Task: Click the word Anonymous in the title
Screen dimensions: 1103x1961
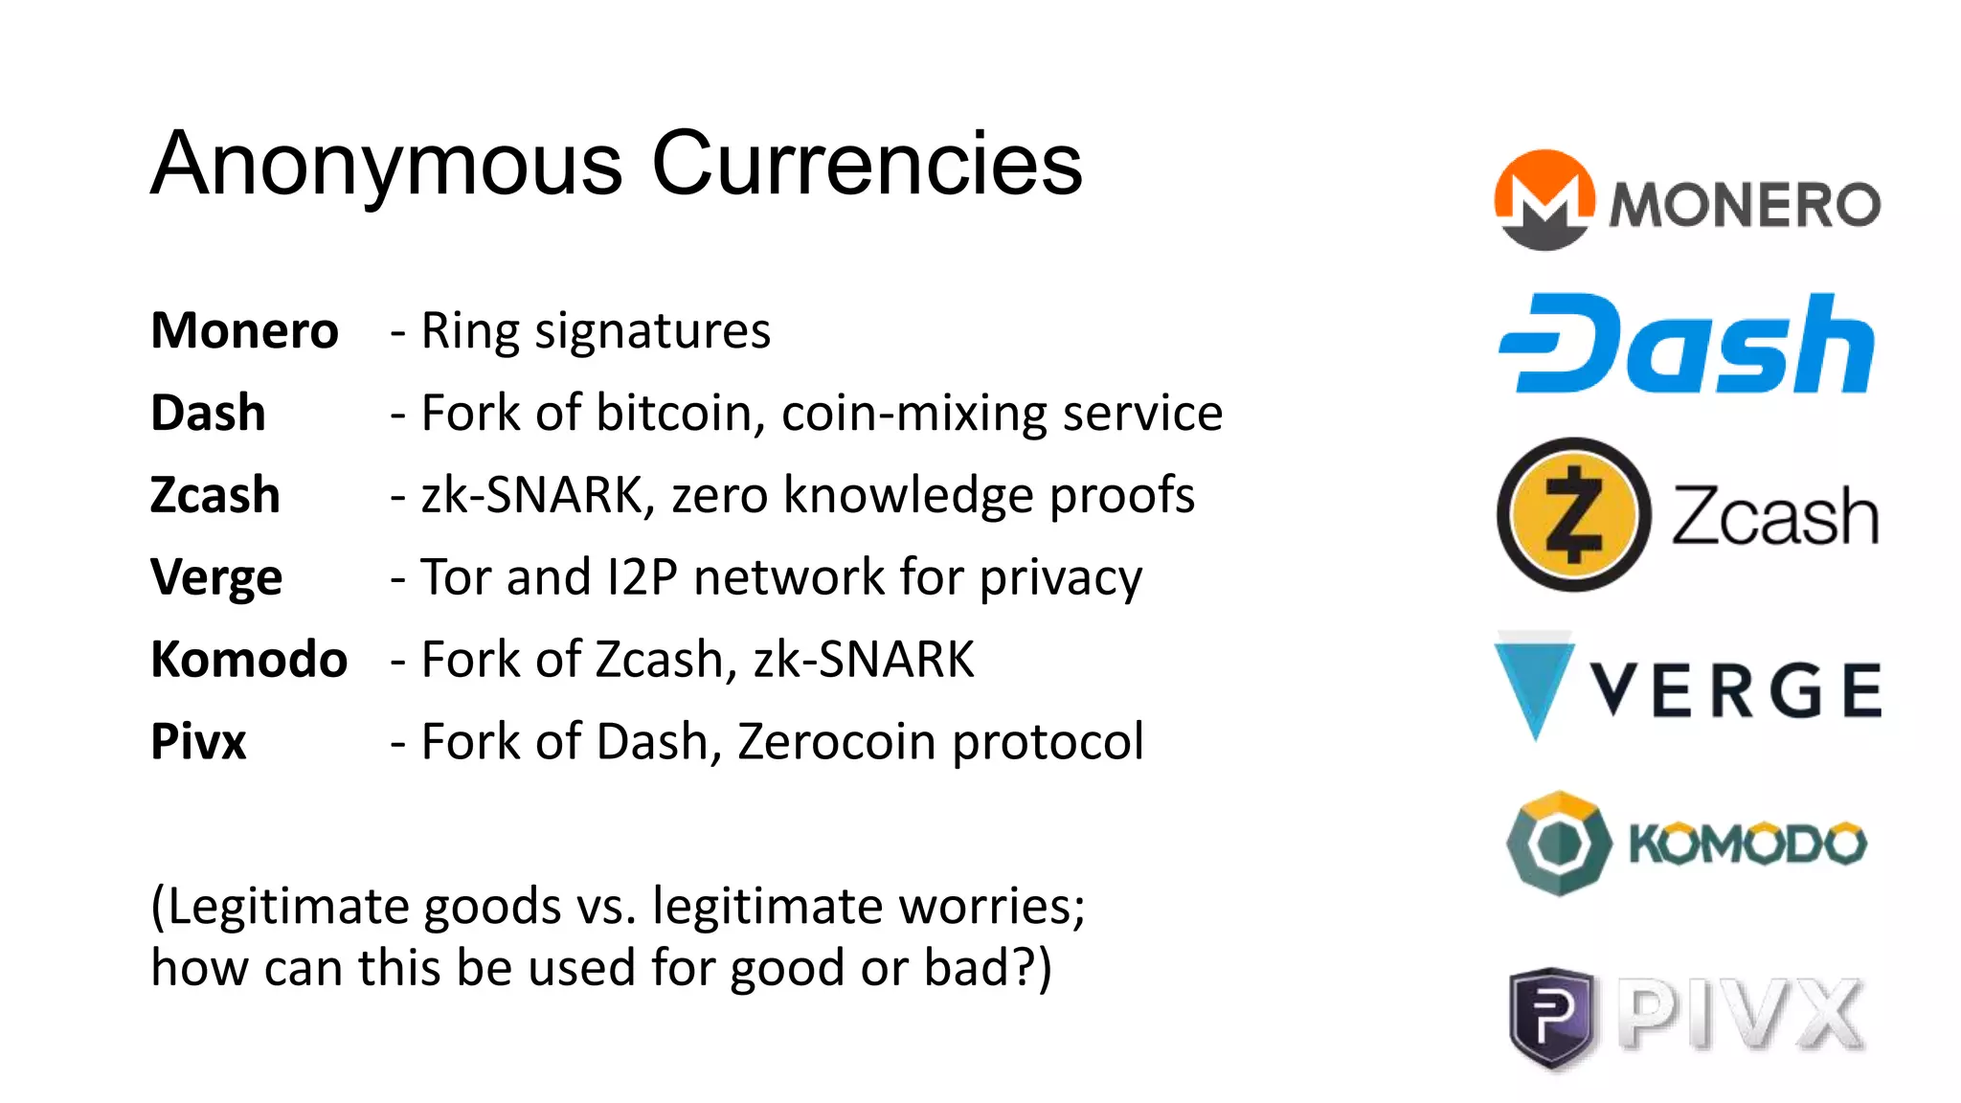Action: (x=387, y=165)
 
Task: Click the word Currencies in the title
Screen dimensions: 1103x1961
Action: (x=867, y=165)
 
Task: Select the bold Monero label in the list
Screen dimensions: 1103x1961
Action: (x=245, y=331)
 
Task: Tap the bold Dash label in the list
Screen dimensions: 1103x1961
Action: (x=208, y=414)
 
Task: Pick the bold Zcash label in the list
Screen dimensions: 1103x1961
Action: (x=215, y=496)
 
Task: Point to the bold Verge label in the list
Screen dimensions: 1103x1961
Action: (x=216, y=578)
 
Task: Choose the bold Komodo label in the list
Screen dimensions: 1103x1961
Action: (x=249, y=660)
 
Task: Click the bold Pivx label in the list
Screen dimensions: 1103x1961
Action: (x=198, y=742)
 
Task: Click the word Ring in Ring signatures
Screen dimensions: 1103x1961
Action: (x=470, y=331)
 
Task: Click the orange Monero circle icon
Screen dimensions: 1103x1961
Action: (x=1544, y=200)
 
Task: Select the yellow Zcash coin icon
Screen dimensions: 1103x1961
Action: (x=1574, y=515)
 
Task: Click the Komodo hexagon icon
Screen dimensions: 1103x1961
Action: (x=1559, y=844)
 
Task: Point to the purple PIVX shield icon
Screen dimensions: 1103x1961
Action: (x=1551, y=1017)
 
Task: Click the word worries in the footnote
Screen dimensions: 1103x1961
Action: (x=1008, y=906)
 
